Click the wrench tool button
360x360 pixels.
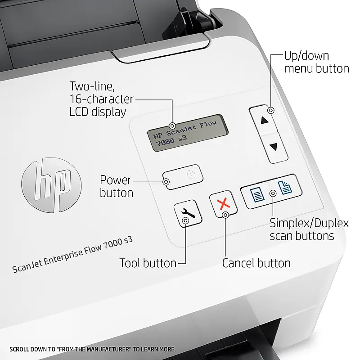click(x=188, y=213)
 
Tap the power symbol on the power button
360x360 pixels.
click(x=191, y=175)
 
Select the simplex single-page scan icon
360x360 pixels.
click(x=256, y=194)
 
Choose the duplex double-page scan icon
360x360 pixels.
click(x=285, y=187)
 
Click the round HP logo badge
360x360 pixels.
click(x=51, y=185)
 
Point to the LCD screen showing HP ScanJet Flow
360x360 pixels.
click(x=188, y=133)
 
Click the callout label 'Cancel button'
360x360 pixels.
click(x=256, y=263)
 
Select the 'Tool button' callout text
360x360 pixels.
click(x=148, y=263)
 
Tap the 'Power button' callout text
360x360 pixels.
click(x=117, y=186)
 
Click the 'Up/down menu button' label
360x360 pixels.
click(x=316, y=62)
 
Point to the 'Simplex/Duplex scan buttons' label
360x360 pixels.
click(x=309, y=229)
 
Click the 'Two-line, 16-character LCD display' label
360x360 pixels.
click(x=101, y=99)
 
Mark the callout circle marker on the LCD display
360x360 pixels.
click(x=172, y=126)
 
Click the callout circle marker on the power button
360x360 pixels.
click(x=166, y=182)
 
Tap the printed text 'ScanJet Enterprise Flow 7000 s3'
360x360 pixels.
click(x=72, y=255)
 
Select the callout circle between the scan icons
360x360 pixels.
click(x=273, y=193)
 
